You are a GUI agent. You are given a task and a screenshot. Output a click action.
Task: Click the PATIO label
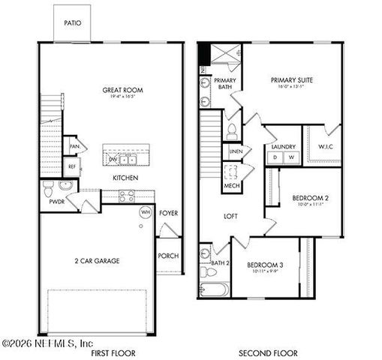74,23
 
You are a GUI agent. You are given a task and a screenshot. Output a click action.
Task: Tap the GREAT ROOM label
123,90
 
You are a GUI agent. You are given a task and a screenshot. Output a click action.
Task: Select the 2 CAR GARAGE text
98,261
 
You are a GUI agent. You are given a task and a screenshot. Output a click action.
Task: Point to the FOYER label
169,213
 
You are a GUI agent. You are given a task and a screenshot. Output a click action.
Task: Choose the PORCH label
168,256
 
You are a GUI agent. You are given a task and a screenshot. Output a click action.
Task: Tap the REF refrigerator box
73,166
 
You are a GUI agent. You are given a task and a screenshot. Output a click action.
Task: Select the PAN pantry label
74,145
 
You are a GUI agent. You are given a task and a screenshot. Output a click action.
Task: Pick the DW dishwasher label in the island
113,159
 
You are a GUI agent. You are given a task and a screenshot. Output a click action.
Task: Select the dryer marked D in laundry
275,157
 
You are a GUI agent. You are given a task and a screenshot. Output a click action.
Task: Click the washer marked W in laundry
291,157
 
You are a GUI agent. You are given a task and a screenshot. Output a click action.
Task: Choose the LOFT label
231,216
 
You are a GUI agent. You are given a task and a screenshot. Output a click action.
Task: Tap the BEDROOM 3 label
263,265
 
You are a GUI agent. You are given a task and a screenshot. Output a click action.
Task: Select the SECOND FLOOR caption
268,352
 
